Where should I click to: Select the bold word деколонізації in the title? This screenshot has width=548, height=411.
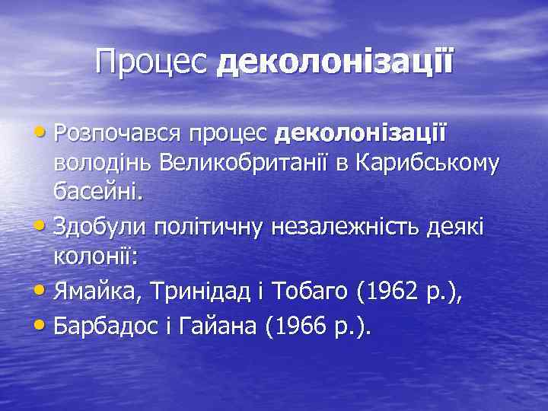(334, 62)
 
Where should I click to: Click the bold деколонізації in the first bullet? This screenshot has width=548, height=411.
(362, 135)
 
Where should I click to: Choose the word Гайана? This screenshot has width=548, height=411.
(227, 327)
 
